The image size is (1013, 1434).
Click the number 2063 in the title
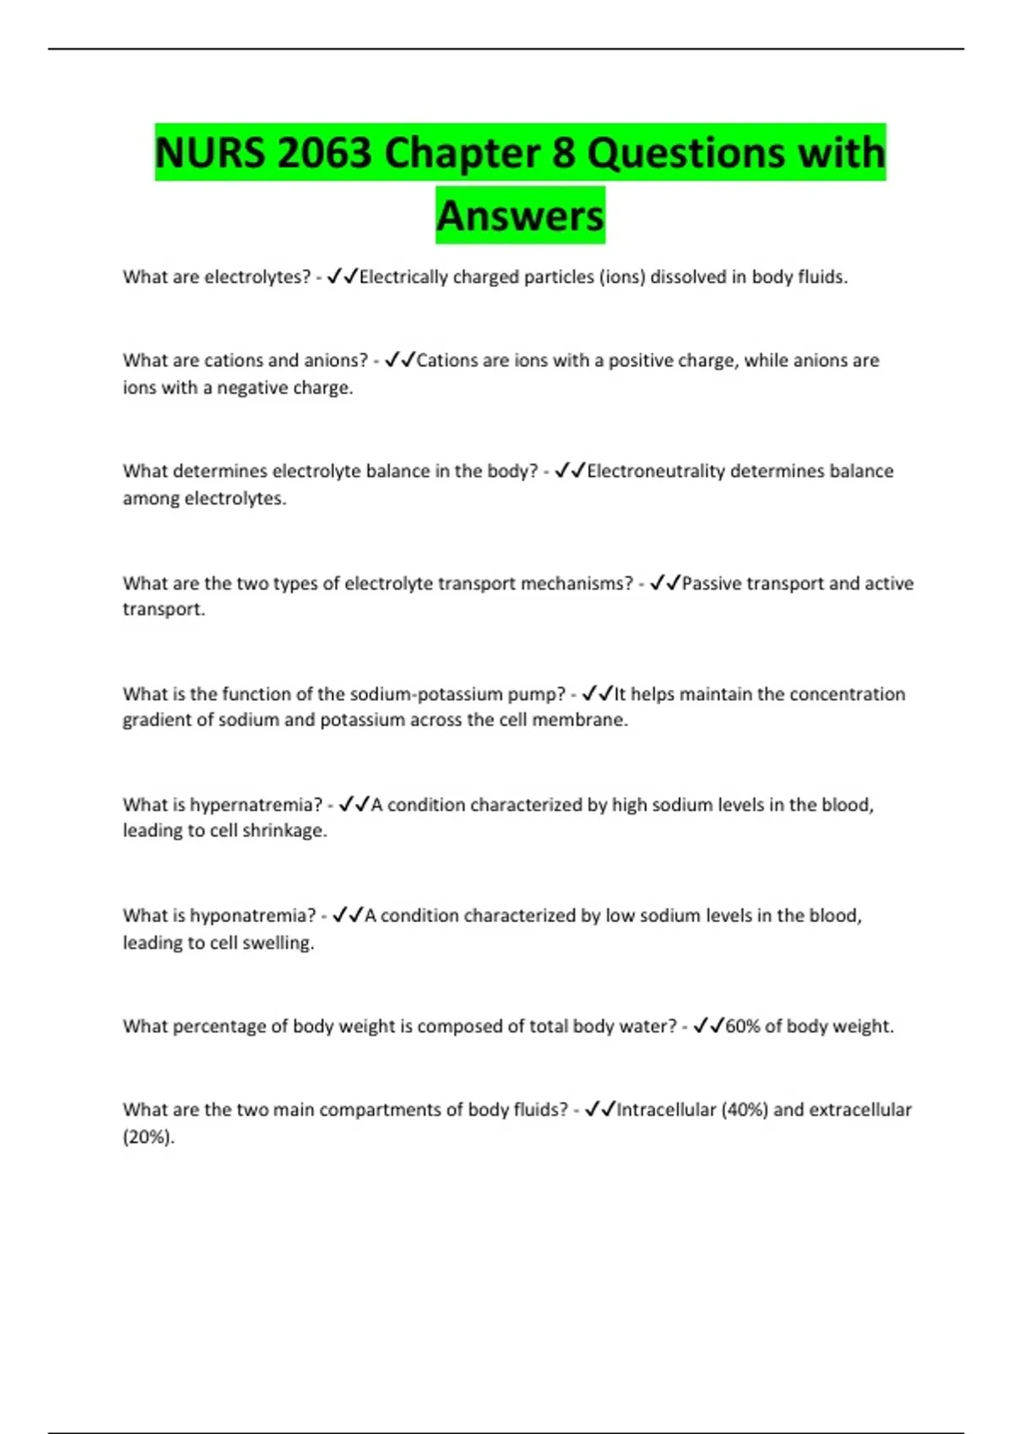(x=323, y=154)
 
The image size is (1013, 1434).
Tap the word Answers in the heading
(x=520, y=216)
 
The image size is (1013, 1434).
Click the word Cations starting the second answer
(x=447, y=360)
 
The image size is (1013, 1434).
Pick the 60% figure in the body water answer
(x=743, y=1026)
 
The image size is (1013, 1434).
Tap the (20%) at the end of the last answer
(x=148, y=1137)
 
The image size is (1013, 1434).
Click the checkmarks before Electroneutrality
(x=570, y=471)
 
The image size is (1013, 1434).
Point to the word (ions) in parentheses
(x=621, y=277)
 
